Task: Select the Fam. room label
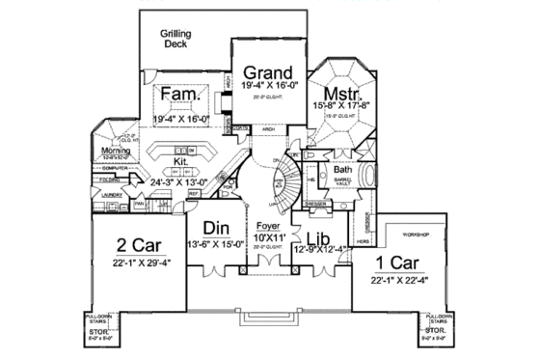point(179,95)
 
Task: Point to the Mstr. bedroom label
point(342,94)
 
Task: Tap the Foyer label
point(269,226)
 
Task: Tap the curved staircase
point(286,182)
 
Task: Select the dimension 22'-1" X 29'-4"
point(134,261)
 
